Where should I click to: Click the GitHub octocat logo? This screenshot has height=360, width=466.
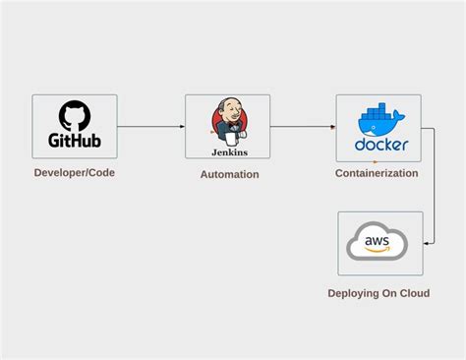pos(74,115)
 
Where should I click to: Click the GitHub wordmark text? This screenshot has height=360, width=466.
pos(75,141)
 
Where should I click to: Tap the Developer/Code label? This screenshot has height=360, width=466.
pos(74,173)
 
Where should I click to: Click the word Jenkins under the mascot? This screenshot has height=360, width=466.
pos(228,152)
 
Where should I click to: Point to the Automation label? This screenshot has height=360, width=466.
pos(229,174)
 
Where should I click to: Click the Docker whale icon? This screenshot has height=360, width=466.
pos(379,120)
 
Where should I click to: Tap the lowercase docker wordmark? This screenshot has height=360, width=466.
pos(379,146)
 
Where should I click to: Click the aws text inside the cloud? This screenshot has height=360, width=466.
pos(378,239)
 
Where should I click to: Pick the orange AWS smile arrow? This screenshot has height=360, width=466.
pos(379,249)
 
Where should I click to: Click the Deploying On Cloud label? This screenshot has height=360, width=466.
pos(379,293)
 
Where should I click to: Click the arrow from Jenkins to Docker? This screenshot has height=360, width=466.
pos(303,127)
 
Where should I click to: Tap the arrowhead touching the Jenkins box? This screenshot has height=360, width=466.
pos(182,127)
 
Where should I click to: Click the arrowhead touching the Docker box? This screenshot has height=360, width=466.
pos(333,127)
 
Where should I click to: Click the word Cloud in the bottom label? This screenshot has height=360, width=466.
pos(414,293)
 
